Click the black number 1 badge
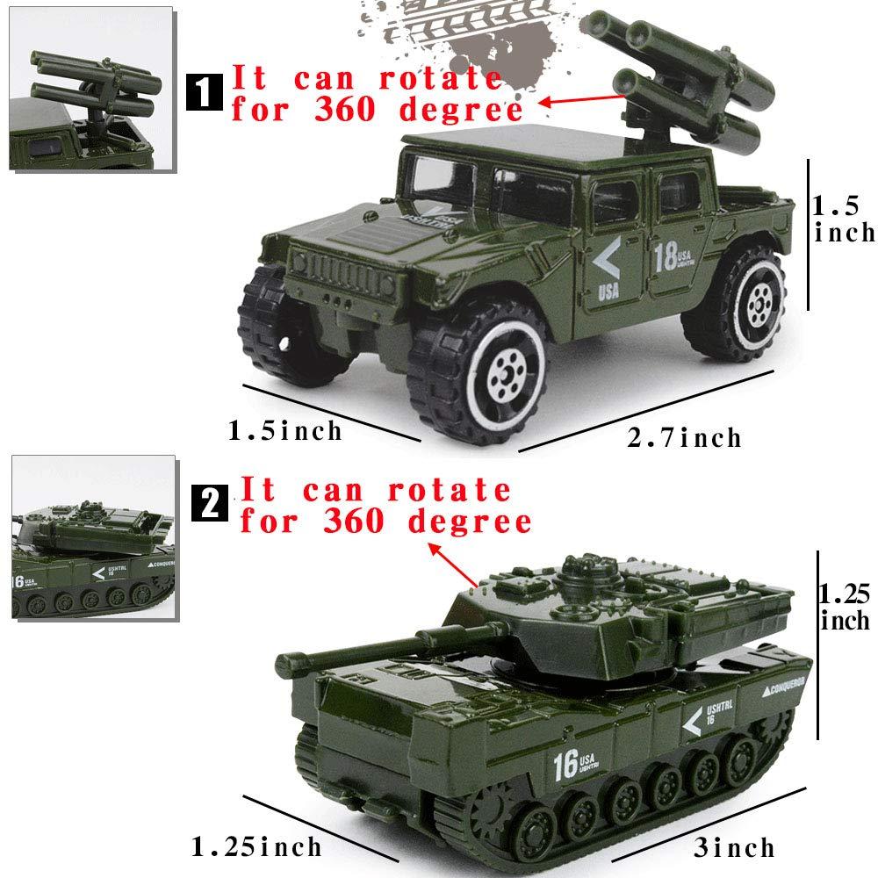(x=205, y=91)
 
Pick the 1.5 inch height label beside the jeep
(x=843, y=219)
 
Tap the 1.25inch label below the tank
(x=256, y=847)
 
